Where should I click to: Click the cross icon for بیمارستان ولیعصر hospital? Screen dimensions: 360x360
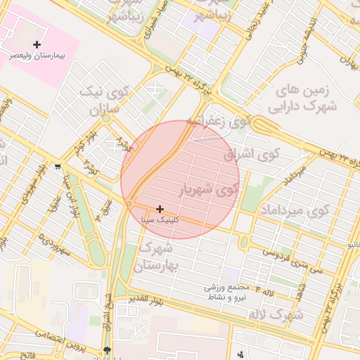[x=37, y=44]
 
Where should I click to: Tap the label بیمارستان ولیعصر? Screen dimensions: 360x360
[x=37, y=54]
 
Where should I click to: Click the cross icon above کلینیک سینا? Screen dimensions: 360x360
[x=161, y=209]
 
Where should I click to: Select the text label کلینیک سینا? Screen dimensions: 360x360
[x=159, y=219]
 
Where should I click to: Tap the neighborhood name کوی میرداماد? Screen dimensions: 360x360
[x=295, y=210]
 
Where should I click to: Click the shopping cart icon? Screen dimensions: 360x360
[x=57, y=167]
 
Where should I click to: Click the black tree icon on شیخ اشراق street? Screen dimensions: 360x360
[x=107, y=350]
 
